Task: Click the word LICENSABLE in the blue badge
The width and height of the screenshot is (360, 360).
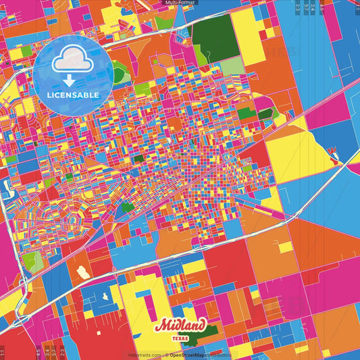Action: [x=73, y=94]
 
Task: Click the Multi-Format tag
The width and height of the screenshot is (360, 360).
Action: [x=180, y=3]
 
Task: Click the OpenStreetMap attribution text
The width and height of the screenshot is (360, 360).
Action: [x=190, y=355]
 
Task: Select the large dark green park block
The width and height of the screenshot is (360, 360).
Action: [x=216, y=38]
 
